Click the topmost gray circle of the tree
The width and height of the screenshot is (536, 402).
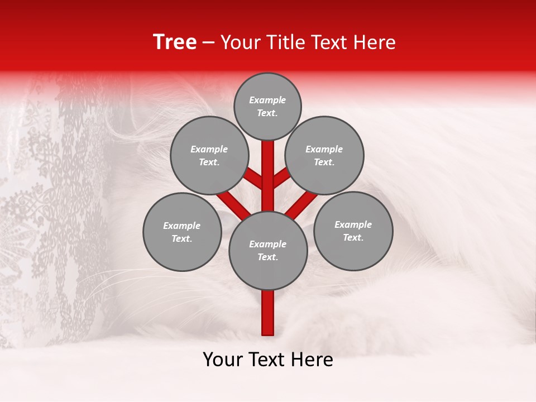click(267, 106)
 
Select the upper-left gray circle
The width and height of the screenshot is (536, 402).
click(209, 155)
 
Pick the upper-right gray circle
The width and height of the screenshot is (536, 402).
click(324, 155)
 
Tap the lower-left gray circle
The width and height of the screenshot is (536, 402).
click(182, 232)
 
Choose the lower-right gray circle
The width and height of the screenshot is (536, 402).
click(353, 231)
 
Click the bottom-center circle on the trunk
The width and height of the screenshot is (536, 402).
click(268, 251)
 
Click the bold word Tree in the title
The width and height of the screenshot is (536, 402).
click(175, 42)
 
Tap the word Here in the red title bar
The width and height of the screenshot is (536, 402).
click(374, 42)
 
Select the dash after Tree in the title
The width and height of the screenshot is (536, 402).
click(209, 43)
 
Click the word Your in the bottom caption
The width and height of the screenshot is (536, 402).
click(224, 360)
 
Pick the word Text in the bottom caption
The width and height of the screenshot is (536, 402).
click(268, 360)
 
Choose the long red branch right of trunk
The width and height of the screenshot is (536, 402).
click(301, 204)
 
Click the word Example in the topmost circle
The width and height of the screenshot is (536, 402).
click(267, 100)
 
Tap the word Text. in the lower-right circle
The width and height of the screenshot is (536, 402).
click(353, 237)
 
